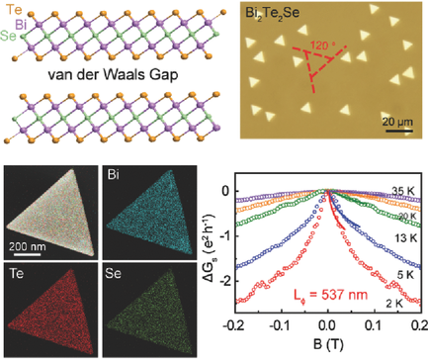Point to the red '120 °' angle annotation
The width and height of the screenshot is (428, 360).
point(317,45)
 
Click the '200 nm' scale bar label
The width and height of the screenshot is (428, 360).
point(34,240)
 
